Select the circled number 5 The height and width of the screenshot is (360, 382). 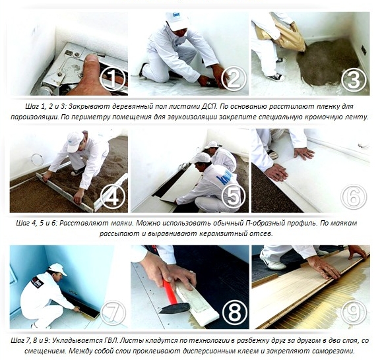point(234,195)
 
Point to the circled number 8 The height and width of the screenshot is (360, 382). point(234,313)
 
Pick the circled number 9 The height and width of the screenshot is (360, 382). point(354,313)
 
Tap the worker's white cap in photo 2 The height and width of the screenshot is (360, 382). point(177,21)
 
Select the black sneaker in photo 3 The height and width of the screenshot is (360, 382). point(276,77)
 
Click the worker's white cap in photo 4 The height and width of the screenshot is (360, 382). point(75,142)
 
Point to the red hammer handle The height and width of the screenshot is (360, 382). point(170,291)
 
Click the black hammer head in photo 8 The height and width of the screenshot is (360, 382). point(174,308)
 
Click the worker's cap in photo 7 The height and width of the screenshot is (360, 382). point(58,269)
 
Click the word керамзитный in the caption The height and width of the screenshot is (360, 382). point(222,233)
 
